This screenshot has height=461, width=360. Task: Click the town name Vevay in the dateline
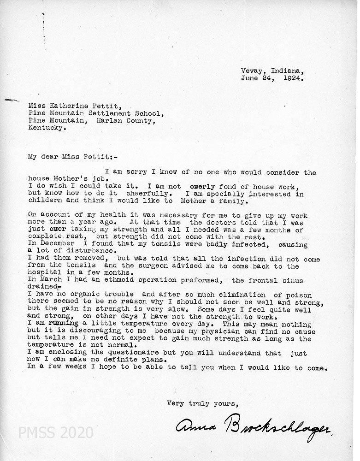click(x=251, y=71)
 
